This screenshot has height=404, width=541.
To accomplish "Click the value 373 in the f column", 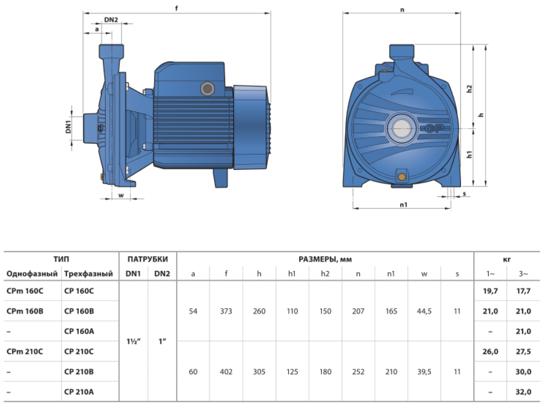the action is tap(226, 311).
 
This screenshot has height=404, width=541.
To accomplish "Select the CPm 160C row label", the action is tap(25, 291).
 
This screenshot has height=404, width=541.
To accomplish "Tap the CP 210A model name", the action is tap(79, 392).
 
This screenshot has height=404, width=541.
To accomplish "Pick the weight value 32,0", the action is tap(523, 392).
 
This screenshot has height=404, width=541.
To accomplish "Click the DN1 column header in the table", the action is tap(133, 274).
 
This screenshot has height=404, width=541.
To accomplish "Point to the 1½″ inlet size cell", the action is tap(134, 342).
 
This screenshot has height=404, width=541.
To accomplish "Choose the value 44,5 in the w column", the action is tap(424, 311).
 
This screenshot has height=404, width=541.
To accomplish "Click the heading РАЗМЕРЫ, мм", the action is tap(325, 259).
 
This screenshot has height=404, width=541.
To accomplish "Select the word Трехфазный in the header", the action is tap(89, 274).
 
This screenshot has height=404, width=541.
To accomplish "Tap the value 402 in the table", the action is tap(226, 372).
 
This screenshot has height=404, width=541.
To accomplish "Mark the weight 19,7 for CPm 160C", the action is tap(491, 291).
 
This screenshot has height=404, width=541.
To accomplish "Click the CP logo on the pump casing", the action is tap(434, 129).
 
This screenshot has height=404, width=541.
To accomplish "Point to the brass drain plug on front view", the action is tap(402, 177).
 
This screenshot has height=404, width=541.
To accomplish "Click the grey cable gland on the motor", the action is tap(207, 89).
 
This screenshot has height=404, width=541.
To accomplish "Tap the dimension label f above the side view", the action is tap(177, 8).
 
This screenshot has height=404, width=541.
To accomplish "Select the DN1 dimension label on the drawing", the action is tap(68, 126).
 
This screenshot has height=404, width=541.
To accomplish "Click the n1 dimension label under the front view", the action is tap(403, 204).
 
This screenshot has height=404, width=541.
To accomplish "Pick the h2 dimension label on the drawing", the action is tap(469, 89).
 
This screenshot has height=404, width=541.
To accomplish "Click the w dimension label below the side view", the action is tap(121, 195).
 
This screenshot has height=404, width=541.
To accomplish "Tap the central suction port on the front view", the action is tap(401, 129).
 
